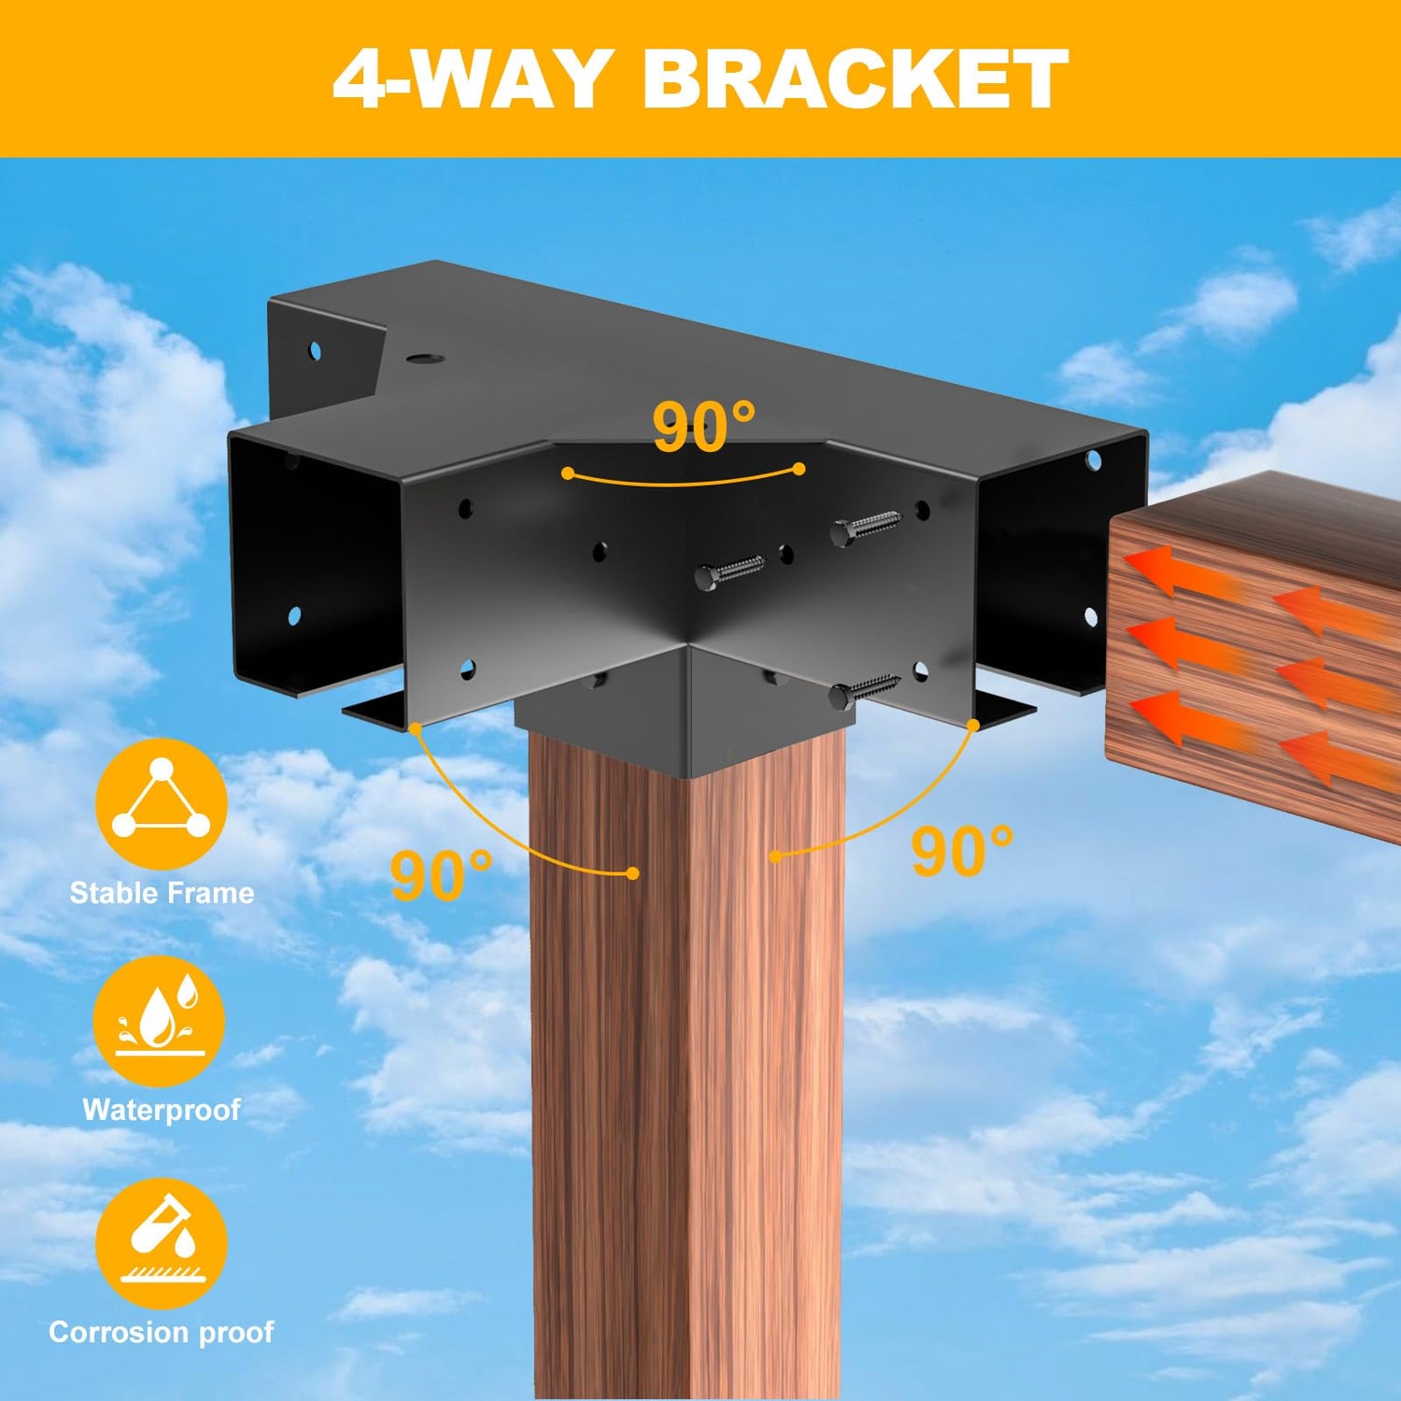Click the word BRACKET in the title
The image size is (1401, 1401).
tap(855, 78)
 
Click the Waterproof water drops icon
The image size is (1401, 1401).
tap(160, 1021)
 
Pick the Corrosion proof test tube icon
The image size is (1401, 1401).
tap(162, 1243)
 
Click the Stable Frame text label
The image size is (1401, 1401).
tap(162, 893)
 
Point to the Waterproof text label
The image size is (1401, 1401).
tap(162, 1110)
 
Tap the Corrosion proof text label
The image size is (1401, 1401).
tap(162, 1332)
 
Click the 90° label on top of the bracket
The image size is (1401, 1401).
tap(703, 428)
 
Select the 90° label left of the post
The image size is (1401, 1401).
tap(441, 875)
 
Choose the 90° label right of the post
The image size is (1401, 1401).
tap(962, 851)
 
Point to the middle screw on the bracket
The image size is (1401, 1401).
tap(729, 571)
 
